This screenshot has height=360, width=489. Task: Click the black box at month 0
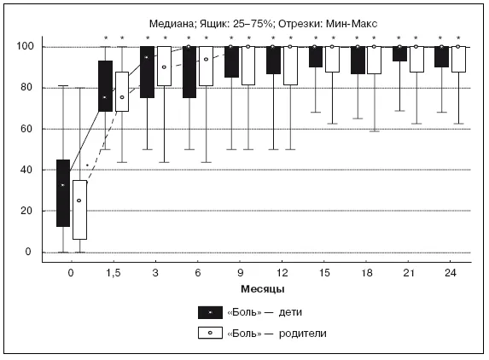[63, 193]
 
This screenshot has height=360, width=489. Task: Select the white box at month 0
[80, 210]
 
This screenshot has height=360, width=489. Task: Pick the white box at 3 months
[164, 66]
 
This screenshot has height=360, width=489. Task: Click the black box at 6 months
[189, 72]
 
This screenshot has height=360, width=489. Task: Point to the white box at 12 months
[290, 66]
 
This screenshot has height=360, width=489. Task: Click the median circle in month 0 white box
[79, 200]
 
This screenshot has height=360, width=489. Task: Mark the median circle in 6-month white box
[206, 59]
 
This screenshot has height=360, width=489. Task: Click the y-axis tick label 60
[26, 129]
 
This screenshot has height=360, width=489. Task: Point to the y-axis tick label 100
[25, 46]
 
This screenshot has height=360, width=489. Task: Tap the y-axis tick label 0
[28, 252]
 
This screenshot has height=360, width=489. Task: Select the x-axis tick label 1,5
[113, 273]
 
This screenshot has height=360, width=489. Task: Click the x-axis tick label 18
[366, 273]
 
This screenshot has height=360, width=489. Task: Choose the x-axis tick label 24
[451, 273]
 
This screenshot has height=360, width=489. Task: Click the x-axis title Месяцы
[263, 289]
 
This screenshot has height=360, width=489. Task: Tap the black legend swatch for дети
[210, 312]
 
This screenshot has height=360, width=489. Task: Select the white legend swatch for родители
[210, 333]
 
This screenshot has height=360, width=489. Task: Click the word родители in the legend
[302, 334]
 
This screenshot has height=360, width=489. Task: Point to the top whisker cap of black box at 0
[63, 85]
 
